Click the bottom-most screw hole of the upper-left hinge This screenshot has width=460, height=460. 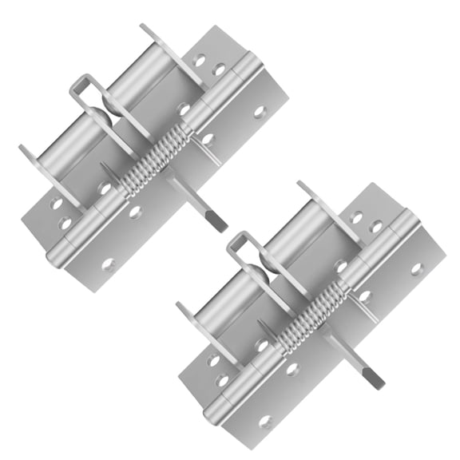tap(108, 264)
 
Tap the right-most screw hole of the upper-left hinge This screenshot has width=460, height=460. tap(260, 113)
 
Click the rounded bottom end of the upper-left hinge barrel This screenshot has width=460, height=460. tap(57, 256)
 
